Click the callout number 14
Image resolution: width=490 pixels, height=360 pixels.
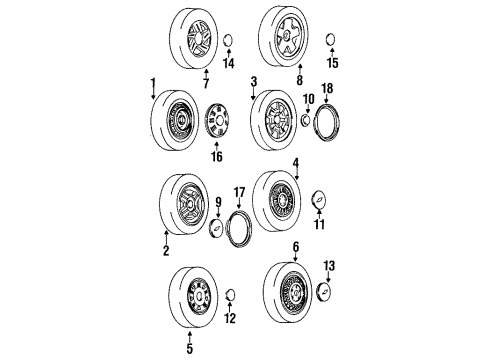228,64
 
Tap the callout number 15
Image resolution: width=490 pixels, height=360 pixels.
333,64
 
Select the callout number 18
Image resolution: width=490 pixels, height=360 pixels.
326,88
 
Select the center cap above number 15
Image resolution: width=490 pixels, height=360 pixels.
331,40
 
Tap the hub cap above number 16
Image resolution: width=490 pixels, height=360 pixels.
216,125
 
